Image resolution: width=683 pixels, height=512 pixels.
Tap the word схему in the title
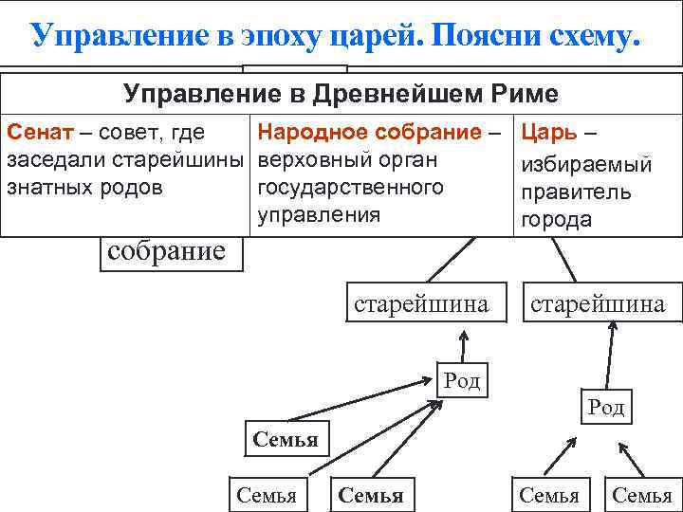582,34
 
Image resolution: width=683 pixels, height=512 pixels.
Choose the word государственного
349,186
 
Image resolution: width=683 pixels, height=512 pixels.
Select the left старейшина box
420,304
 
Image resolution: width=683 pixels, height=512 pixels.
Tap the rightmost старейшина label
598,304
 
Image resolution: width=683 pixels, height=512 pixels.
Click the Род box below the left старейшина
462,381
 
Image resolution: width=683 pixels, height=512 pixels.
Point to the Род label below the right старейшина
606,407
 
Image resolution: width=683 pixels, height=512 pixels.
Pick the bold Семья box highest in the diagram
285,439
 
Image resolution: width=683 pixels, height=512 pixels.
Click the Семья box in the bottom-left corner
267,494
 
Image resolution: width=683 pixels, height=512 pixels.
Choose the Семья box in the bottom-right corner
642,494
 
